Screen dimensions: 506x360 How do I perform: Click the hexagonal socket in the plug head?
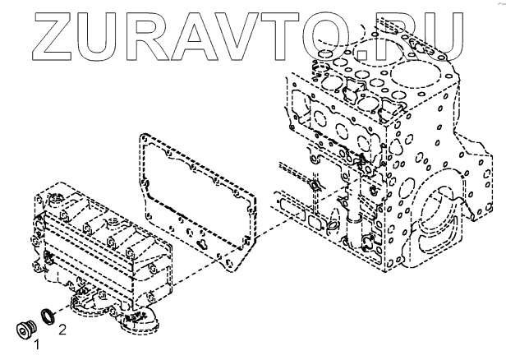tap(23, 330)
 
